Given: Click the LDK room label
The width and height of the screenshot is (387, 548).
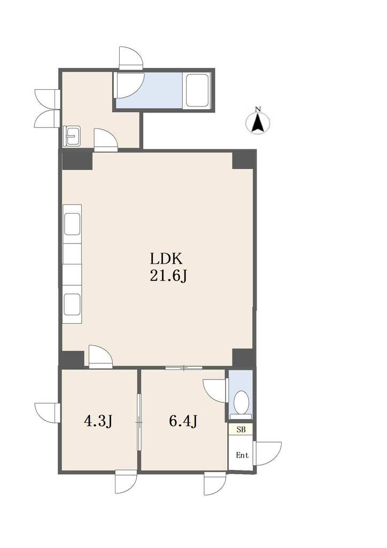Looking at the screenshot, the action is coord(166,259).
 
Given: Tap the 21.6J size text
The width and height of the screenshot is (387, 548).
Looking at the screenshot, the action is coord(169,277).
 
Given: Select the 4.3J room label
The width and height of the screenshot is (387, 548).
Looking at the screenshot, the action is coord(98,422).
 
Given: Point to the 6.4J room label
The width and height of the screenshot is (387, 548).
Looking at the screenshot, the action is coord(183,422).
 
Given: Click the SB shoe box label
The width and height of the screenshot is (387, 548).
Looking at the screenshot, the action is coord(241,430).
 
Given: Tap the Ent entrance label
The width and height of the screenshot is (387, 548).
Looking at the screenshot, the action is coord(242,455).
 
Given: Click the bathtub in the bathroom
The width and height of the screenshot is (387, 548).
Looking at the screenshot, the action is coord(197,90).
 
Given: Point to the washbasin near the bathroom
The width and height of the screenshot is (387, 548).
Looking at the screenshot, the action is coord(73,136).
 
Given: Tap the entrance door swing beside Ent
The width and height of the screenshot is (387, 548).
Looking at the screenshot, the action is coord(268,454).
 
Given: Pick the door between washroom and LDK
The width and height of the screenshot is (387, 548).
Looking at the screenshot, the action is coord(105,140).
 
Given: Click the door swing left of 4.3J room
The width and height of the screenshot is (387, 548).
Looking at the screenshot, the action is coord(48,413).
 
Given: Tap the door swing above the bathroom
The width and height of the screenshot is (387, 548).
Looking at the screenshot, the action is coord(131,57).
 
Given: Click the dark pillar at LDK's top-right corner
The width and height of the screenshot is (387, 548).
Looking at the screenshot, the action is coord(243,159).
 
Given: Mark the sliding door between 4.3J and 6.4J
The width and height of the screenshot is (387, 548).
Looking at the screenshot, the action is coord(139,422).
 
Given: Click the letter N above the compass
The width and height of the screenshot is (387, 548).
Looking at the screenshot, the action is coord(258,109).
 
